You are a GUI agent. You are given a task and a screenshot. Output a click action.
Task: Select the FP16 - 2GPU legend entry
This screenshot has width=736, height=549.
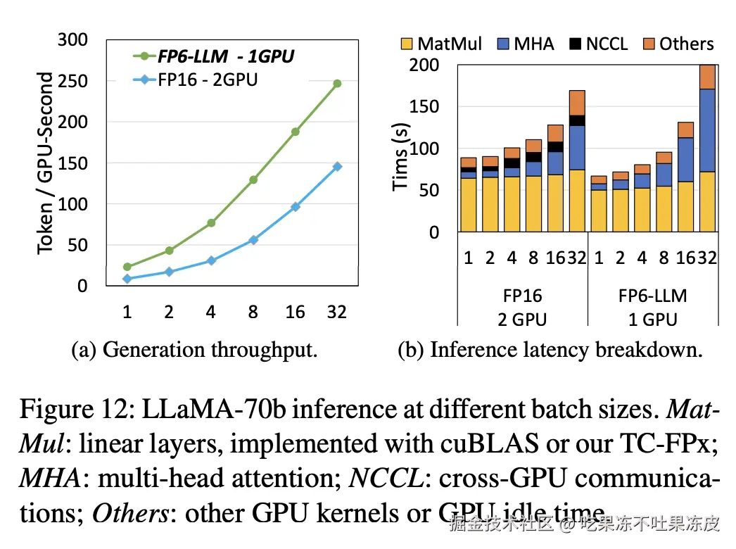pos(197,80)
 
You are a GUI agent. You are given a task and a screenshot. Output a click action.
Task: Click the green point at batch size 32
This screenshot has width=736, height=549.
pos(337,84)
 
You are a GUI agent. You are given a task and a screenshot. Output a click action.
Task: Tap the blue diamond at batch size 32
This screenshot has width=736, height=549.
pos(337,167)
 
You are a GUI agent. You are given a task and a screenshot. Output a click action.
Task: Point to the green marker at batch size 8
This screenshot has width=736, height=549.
pos(253,179)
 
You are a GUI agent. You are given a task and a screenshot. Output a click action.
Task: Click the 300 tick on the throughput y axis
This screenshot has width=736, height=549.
pos(72,39)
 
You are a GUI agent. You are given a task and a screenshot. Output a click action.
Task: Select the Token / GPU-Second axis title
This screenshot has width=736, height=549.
pos(46,162)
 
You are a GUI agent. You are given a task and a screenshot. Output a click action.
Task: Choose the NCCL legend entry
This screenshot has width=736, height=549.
pos(599,44)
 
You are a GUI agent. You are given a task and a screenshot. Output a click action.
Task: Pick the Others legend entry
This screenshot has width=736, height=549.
pos(678,44)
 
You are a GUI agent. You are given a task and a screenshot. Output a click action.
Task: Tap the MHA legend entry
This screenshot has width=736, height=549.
pos(524,44)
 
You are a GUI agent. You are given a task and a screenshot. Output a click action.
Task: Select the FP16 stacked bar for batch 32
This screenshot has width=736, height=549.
pos(577,161)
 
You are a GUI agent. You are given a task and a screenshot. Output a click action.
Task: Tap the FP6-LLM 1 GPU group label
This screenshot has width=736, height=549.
pos(652,307)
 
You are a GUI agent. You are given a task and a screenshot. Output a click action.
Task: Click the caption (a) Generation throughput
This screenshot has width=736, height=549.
pos(195,350)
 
